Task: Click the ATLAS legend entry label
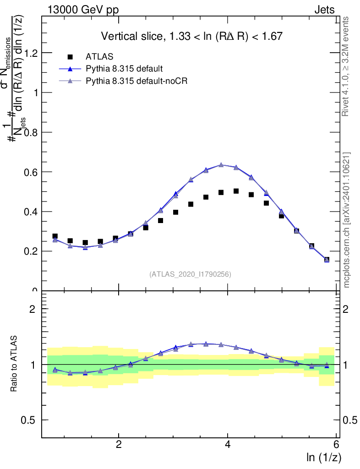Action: click(99, 57)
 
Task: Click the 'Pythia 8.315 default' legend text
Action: click(124, 69)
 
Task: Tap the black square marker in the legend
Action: click(70, 57)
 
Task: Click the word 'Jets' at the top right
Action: click(324, 10)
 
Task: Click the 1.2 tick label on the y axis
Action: click(31, 53)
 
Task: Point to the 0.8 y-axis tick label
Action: click(31, 132)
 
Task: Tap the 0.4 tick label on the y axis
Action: click(31, 212)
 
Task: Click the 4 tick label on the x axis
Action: click(228, 444)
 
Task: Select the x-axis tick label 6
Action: click(336, 444)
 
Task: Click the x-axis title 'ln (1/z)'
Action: click(324, 457)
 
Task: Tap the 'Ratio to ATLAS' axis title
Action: click(14, 364)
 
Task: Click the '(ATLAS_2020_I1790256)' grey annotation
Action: click(190, 274)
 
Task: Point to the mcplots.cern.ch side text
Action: click(347, 220)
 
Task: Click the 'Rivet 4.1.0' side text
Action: click(347, 66)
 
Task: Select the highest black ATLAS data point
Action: click(236, 191)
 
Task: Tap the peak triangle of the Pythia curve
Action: click(221, 165)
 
